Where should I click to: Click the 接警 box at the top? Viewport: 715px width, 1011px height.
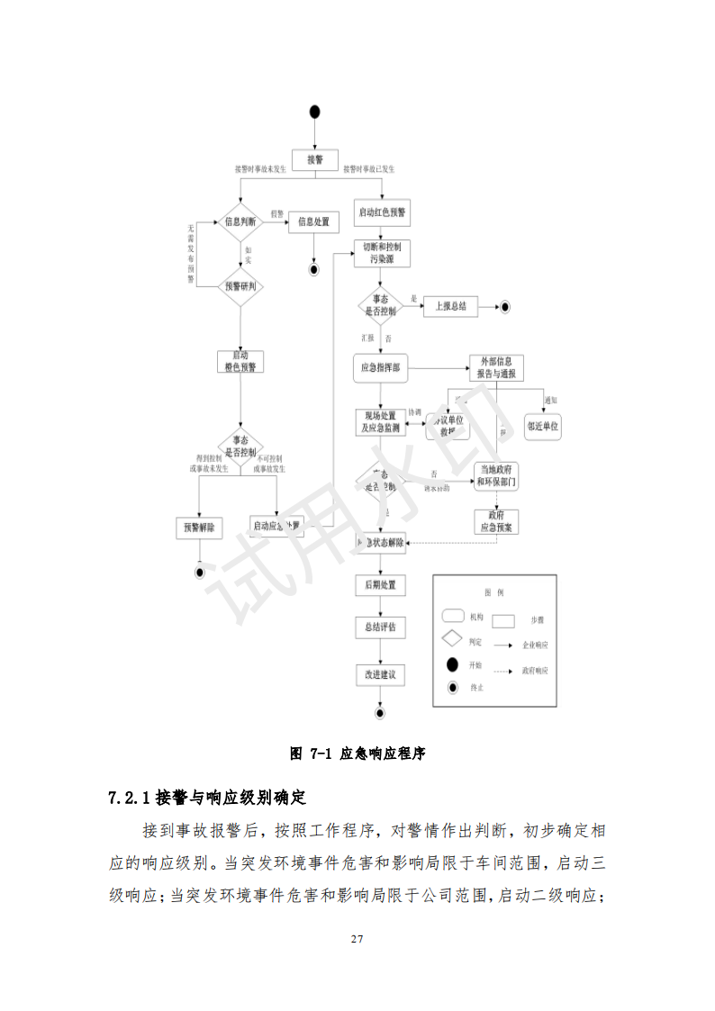314,160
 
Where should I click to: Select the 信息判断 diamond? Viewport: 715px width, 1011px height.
240,221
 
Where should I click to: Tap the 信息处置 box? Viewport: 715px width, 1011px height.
313,221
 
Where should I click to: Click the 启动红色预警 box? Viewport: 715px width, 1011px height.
382,214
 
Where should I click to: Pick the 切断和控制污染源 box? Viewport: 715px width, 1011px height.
382,253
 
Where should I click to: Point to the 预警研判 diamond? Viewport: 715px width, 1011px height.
240,287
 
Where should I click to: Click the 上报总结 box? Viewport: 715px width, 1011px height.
450,307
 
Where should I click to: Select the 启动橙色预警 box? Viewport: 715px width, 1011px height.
240,361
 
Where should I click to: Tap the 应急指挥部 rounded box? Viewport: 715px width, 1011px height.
381,367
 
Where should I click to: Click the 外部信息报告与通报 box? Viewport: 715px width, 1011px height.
496,367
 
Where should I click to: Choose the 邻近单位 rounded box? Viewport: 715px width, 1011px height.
543,427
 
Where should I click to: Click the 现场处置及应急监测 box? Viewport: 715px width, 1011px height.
381,421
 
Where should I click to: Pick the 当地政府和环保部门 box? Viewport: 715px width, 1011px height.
497,475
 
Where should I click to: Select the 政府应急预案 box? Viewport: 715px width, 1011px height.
496,521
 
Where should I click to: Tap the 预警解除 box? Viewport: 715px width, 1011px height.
199,528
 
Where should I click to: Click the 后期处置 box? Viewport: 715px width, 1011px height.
380,585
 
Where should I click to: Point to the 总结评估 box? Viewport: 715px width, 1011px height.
380,627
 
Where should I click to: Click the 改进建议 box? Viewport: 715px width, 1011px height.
380,673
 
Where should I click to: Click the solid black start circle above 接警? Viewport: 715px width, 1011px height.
314,111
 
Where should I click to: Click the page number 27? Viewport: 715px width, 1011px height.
357,940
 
